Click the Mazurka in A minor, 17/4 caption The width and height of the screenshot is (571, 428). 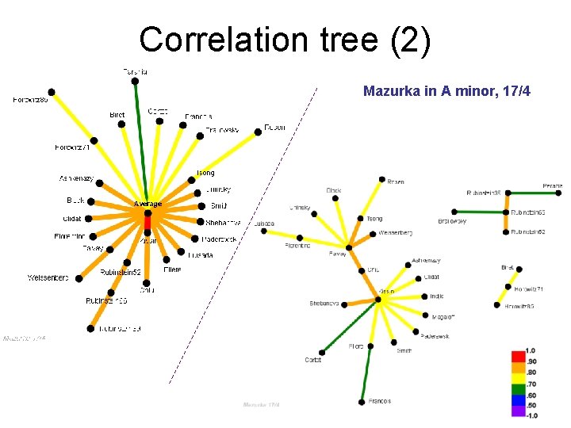(446, 91)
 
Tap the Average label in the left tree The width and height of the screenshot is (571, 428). (148, 204)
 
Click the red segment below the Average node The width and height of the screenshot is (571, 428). (148, 222)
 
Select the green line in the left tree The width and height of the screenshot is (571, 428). (140, 143)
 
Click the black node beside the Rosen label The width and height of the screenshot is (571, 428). (381, 180)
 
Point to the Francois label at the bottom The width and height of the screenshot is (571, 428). (380, 401)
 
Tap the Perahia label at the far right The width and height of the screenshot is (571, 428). (553, 186)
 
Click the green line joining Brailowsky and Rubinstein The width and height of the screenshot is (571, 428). (480, 212)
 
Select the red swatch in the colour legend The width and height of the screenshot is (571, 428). (518, 354)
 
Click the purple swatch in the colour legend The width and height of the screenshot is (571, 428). (518, 411)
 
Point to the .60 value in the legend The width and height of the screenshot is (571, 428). (531, 394)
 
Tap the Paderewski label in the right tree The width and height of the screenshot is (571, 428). (435, 336)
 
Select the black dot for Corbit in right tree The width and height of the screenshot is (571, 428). (322, 352)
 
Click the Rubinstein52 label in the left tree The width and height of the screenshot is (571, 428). (121, 272)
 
